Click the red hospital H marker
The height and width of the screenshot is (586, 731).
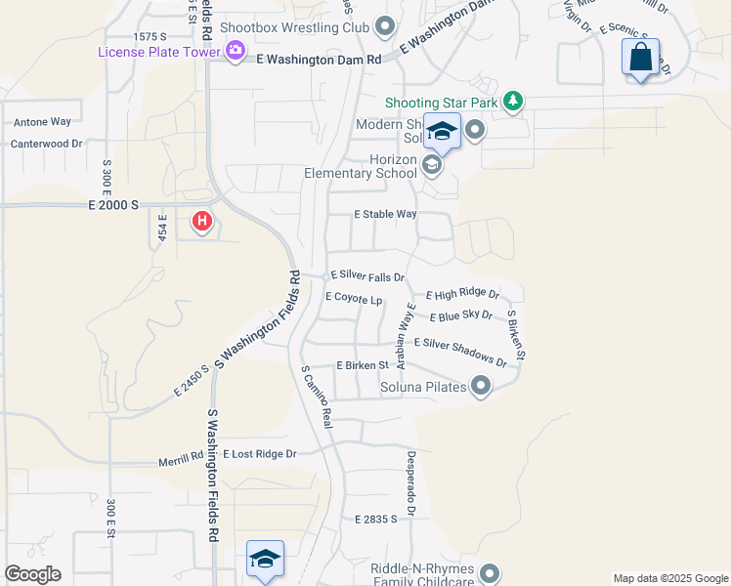202,222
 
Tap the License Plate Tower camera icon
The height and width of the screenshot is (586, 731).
235,51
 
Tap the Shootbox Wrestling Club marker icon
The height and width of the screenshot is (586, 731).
384,26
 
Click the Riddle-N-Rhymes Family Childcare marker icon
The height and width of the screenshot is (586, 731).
490,574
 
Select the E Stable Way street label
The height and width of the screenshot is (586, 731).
385,214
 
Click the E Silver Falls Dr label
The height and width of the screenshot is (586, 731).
367,277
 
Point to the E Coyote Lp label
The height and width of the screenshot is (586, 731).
353,297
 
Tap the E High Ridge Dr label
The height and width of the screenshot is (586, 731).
463,294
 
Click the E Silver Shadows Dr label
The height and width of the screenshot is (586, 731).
461,350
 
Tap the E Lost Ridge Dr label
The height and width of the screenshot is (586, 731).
259,454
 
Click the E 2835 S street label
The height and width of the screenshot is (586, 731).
377,520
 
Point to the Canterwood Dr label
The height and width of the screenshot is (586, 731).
45,144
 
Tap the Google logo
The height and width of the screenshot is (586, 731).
32,574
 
